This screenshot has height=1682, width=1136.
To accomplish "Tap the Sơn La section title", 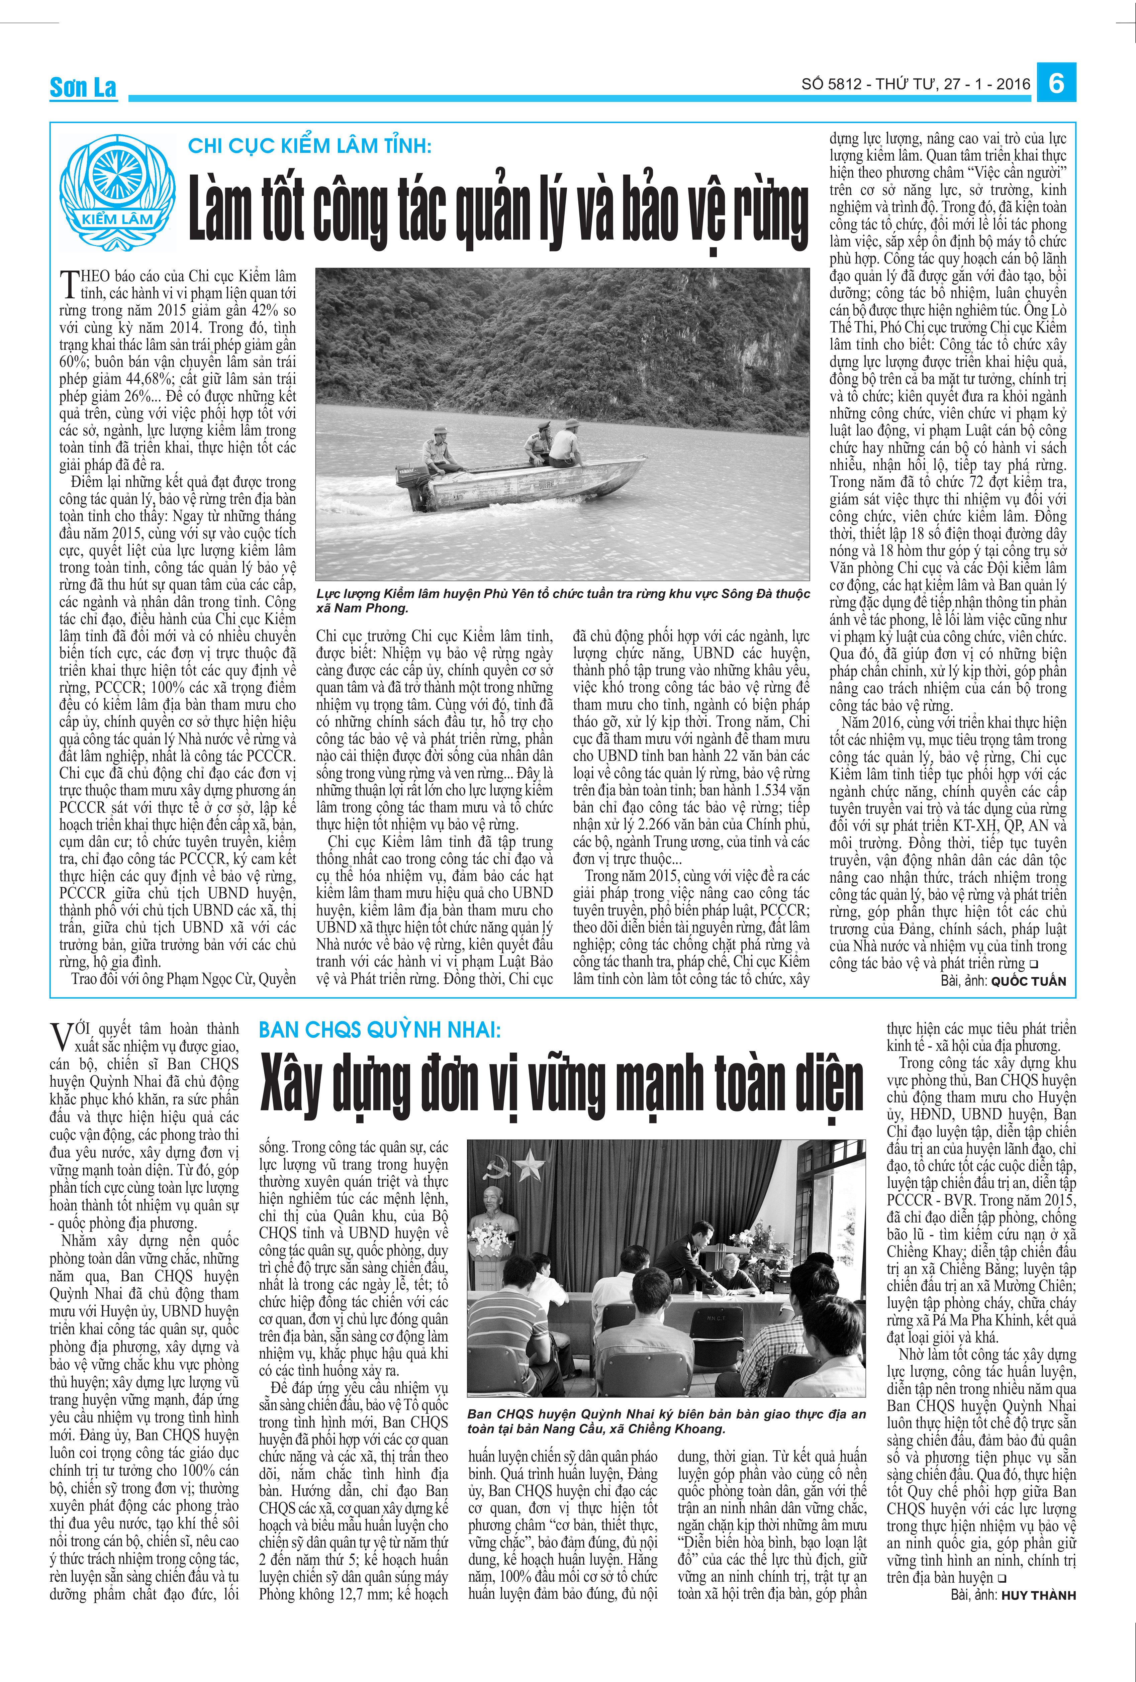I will (83, 88).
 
